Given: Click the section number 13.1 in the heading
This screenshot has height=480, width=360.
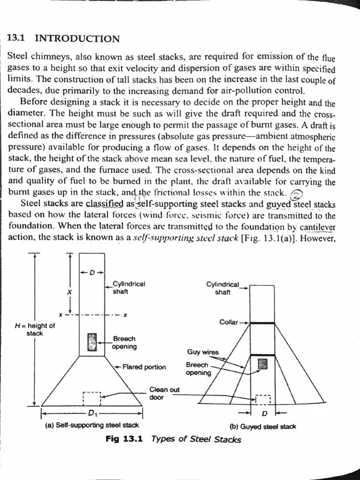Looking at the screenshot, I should [x=18, y=39].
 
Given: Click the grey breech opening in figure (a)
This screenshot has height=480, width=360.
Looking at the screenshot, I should [x=92, y=342].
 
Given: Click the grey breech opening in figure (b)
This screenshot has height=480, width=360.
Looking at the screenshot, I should [x=262, y=364].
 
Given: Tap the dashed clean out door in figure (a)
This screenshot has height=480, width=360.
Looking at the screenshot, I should [x=92, y=398].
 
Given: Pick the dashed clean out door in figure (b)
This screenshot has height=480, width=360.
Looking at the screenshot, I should [x=263, y=399].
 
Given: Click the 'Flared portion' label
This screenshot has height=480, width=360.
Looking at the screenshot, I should [x=143, y=367].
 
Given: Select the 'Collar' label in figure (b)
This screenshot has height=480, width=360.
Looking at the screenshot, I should [x=229, y=322].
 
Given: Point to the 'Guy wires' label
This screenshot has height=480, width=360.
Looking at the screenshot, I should [x=202, y=352].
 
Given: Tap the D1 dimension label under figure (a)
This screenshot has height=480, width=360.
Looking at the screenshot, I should [x=92, y=413].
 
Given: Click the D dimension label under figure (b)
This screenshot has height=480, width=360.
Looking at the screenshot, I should [x=264, y=413].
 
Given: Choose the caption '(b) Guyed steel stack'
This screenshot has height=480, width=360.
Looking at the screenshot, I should [x=262, y=426].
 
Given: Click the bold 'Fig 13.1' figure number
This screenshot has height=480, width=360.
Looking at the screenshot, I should [x=124, y=439].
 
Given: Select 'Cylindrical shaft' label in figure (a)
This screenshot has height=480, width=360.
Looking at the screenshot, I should [x=129, y=287].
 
